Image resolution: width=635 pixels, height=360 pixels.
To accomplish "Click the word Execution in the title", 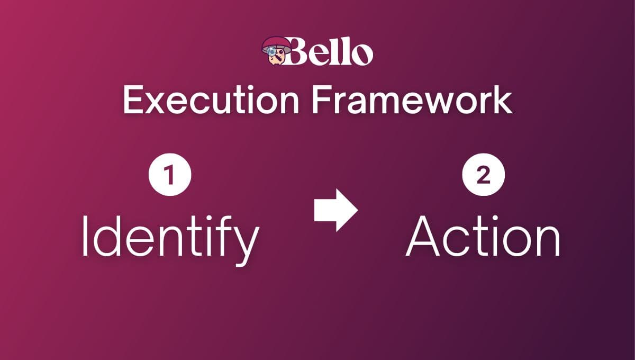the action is (x=211, y=100).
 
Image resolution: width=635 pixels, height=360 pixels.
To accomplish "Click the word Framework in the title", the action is (x=412, y=100).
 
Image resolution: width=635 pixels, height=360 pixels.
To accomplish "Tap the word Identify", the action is (x=170, y=240).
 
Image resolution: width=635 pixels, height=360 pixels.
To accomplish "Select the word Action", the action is (x=483, y=236).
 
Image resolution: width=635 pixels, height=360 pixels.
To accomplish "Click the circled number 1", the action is (x=170, y=175).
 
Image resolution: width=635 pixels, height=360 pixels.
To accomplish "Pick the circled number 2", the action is (x=483, y=175).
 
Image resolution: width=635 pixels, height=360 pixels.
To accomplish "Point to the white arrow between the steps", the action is (x=336, y=210).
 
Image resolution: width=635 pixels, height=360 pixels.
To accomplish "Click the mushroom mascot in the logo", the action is (x=276, y=51).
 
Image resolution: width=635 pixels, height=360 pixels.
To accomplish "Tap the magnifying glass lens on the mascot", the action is (x=271, y=52).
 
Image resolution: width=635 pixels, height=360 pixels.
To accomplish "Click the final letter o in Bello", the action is (x=362, y=54).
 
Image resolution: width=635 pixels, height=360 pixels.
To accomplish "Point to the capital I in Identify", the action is (x=84, y=236).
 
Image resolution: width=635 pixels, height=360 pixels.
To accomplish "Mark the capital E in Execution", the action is (x=133, y=100).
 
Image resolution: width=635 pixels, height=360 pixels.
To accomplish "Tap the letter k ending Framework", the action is (x=502, y=99).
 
